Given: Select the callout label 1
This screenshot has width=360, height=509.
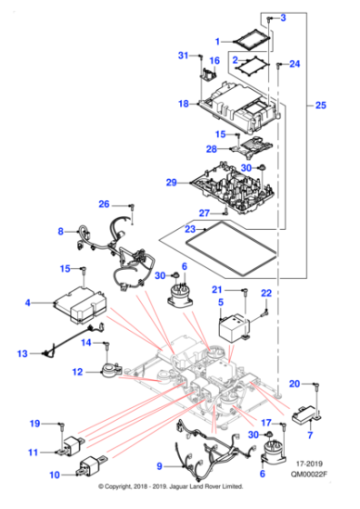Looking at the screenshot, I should (218, 41).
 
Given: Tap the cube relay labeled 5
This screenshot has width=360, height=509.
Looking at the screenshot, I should (236, 328).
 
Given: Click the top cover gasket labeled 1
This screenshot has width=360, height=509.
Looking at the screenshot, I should (245, 40).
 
